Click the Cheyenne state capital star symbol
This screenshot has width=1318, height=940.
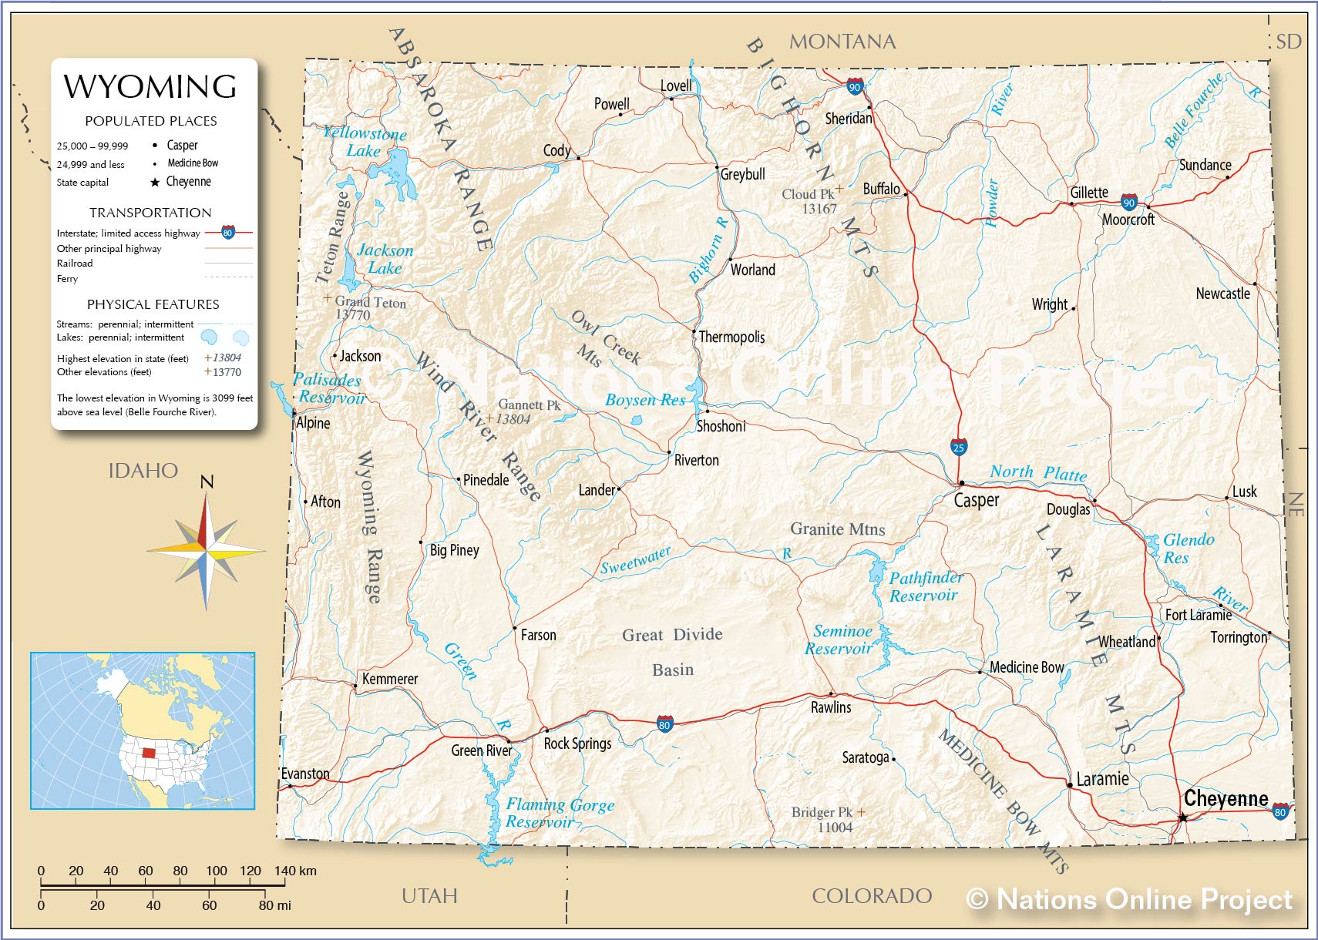(1182, 817)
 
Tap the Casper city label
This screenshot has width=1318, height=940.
(976, 501)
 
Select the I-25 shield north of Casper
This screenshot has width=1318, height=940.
(958, 447)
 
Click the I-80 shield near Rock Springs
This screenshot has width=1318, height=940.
(664, 724)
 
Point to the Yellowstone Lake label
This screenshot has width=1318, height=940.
(364, 142)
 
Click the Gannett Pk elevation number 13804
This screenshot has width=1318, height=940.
(513, 419)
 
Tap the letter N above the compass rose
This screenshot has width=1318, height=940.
(207, 482)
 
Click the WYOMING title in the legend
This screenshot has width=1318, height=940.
(150, 86)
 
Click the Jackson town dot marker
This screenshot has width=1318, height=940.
(335, 356)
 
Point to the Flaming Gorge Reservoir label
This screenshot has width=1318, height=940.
(560, 813)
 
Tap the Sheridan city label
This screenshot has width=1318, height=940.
(848, 119)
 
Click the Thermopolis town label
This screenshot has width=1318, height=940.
(731, 337)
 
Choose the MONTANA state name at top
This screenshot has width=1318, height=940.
(842, 42)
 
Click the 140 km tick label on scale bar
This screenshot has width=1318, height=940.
(295, 871)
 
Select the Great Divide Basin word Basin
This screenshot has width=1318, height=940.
(673, 670)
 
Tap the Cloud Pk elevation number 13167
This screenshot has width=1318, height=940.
(819, 209)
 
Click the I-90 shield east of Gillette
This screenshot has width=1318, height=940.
(1129, 203)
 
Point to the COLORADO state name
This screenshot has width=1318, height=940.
(872, 895)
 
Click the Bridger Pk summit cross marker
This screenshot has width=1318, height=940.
(861, 811)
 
